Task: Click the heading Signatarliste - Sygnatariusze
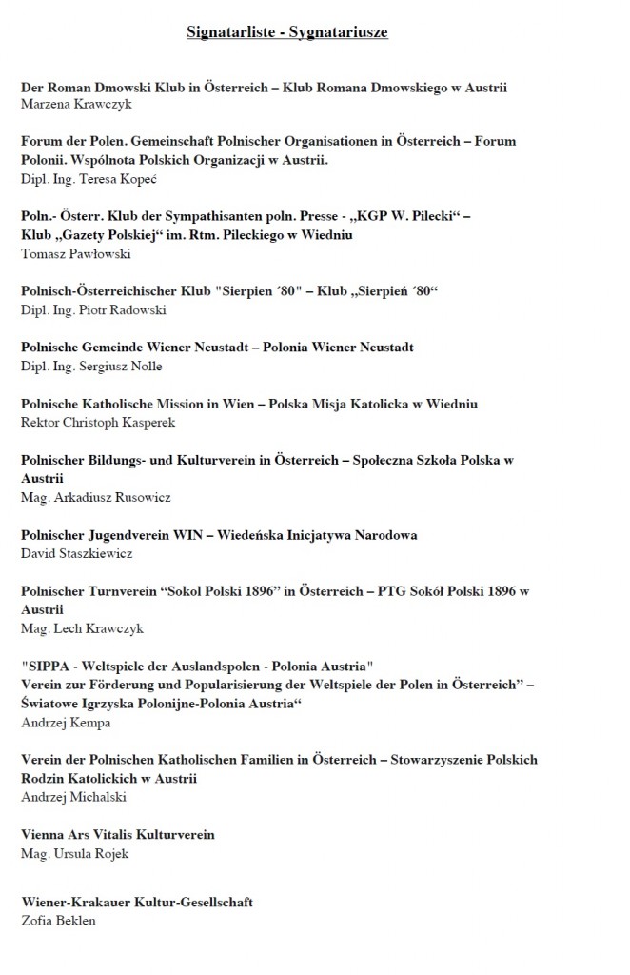tap(286, 33)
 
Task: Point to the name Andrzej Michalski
tap(68, 797)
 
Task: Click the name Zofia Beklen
tap(57, 921)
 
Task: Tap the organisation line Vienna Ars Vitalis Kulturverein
tap(118, 834)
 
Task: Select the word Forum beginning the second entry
tap(42, 141)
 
